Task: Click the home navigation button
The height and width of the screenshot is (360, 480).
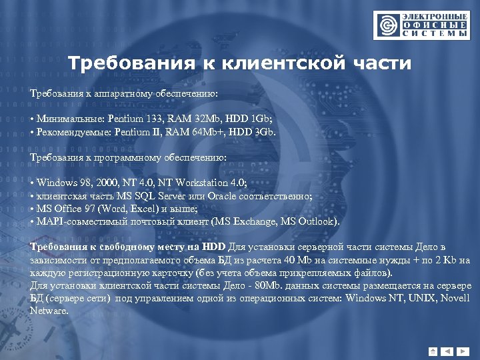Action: (433, 351)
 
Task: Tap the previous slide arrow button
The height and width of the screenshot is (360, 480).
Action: (447, 351)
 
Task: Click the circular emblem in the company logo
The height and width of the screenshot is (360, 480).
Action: (385, 25)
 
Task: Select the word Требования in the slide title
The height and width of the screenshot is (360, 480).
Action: (127, 64)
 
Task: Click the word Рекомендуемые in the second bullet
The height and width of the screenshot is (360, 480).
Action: (73, 131)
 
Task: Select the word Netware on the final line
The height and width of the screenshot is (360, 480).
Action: (49, 310)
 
